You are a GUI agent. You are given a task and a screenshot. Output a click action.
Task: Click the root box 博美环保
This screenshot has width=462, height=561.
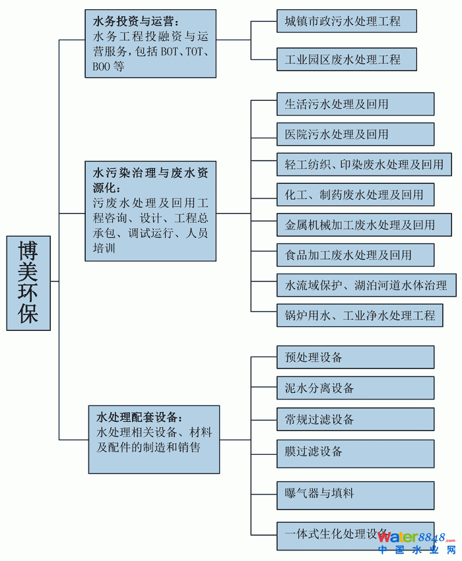tap(28, 283)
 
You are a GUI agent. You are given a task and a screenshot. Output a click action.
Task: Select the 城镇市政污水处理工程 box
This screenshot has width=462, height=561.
tap(346, 21)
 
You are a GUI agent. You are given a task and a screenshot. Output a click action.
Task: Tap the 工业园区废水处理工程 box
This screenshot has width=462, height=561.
tap(346, 59)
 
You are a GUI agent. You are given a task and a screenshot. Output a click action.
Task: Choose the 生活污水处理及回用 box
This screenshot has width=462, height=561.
tap(355, 104)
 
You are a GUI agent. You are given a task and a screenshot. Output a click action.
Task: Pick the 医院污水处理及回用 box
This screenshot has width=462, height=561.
tap(355, 134)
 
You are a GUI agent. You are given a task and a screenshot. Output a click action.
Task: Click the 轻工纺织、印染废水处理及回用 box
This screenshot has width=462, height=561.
tap(364, 165)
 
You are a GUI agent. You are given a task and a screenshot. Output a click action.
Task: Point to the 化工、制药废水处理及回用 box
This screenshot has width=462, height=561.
tap(355, 194)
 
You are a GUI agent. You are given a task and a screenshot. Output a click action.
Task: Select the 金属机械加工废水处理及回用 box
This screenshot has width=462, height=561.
tap(364, 225)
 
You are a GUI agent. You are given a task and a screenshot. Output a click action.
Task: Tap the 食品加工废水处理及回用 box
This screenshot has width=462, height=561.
tap(355, 255)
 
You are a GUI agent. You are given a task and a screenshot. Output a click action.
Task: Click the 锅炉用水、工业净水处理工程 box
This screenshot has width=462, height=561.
tap(364, 316)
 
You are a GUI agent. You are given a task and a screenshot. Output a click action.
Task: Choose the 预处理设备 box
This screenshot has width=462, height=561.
tap(355, 357)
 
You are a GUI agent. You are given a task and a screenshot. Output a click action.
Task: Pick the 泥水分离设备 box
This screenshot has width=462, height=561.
tap(355, 388)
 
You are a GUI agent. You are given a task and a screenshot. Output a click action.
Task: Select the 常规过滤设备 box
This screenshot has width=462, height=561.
tap(355, 419)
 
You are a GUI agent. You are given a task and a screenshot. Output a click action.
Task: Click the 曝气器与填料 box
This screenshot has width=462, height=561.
tap(355, 495)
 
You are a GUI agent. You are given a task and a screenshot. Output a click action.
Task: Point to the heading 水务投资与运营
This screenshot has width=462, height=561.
tap(135, 21)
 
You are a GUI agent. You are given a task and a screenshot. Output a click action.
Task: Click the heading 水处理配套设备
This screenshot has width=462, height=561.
tap(139, 417)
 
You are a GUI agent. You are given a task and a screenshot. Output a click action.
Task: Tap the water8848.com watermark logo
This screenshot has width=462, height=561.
tap(416, 541)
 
